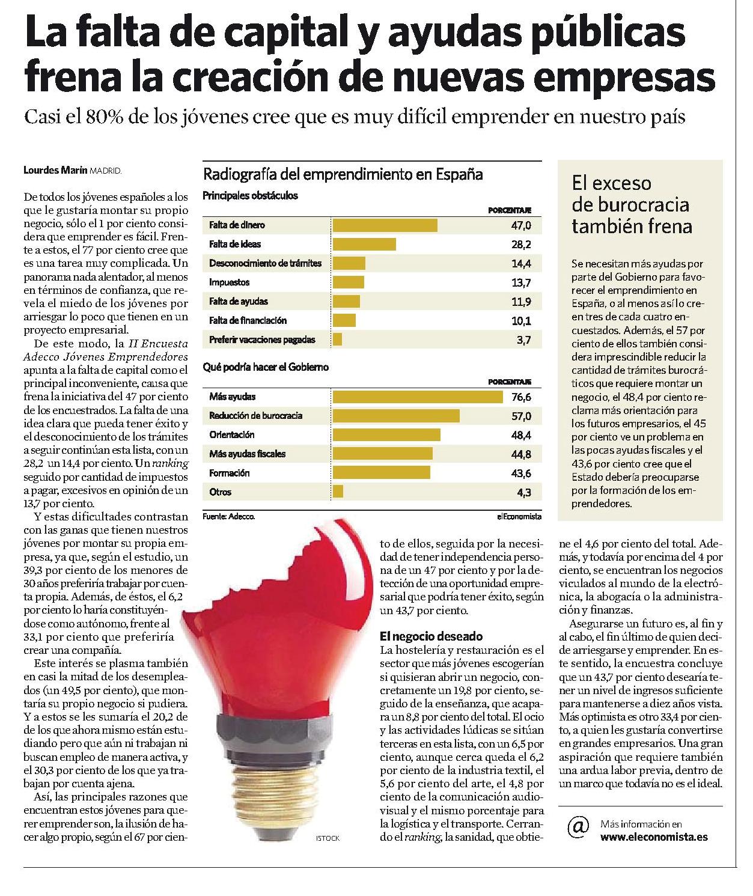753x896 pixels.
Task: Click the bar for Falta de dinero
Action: point(385,225)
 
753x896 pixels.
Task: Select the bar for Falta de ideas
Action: point(364,244)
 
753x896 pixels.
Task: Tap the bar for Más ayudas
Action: point(418,397)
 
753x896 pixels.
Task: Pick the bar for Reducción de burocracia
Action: point(396,416)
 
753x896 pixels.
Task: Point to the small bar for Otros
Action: point(338,492)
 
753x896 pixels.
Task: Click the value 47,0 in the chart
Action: point(521,225)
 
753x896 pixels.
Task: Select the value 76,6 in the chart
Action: point(521,397)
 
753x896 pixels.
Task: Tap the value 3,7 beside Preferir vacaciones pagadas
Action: point(524,340)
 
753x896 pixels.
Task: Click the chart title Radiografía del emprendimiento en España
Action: point(343,174)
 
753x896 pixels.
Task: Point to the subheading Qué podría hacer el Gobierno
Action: point(266,367)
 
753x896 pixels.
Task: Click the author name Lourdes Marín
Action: point(56,170)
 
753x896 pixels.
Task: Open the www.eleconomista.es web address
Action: point(654,837)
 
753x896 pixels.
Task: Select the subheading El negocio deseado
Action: point(431,636)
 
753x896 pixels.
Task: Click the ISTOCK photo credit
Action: point(328,838)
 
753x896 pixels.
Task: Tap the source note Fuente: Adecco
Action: point(229,517)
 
